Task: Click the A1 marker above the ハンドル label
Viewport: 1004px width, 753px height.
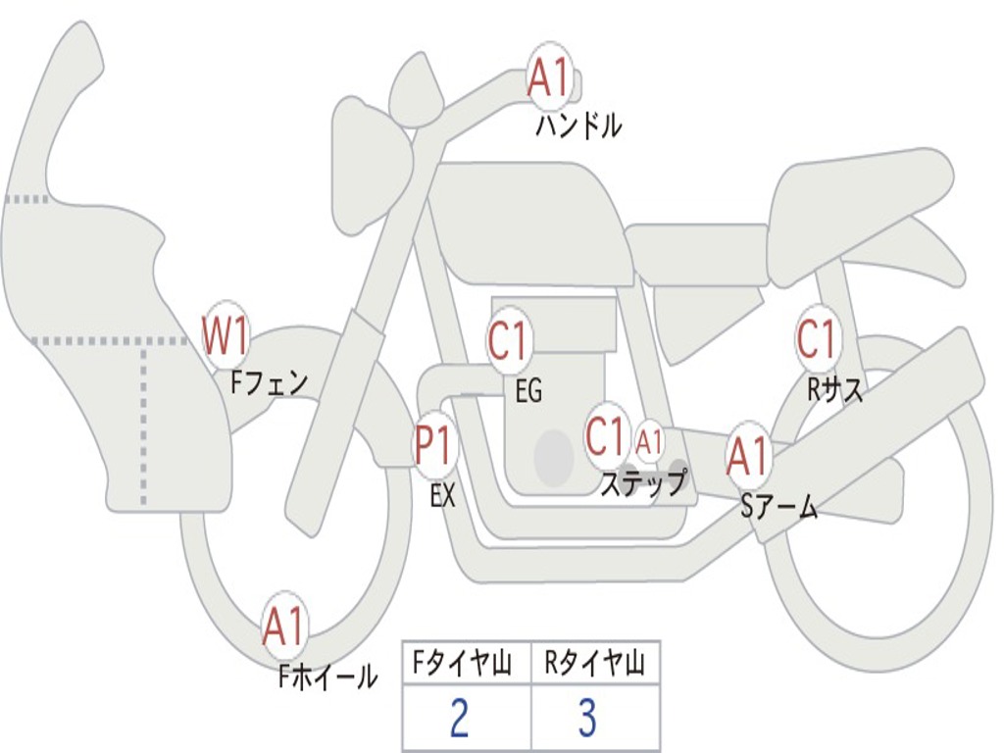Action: point(549,77)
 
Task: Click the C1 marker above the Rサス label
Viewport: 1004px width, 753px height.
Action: point(817,339)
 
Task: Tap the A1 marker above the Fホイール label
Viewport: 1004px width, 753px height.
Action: point(284,627)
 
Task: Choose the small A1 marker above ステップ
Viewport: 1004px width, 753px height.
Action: point(649,442)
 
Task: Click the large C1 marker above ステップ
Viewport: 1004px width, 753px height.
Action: point(606,435)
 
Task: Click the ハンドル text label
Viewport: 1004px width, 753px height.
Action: point(578,125)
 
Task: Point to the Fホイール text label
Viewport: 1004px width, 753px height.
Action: point(327,676)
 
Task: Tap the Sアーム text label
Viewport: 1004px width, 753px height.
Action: point(779,507)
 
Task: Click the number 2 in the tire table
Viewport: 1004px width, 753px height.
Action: point(458,719)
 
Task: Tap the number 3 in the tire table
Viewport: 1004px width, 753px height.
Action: point(587,719)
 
